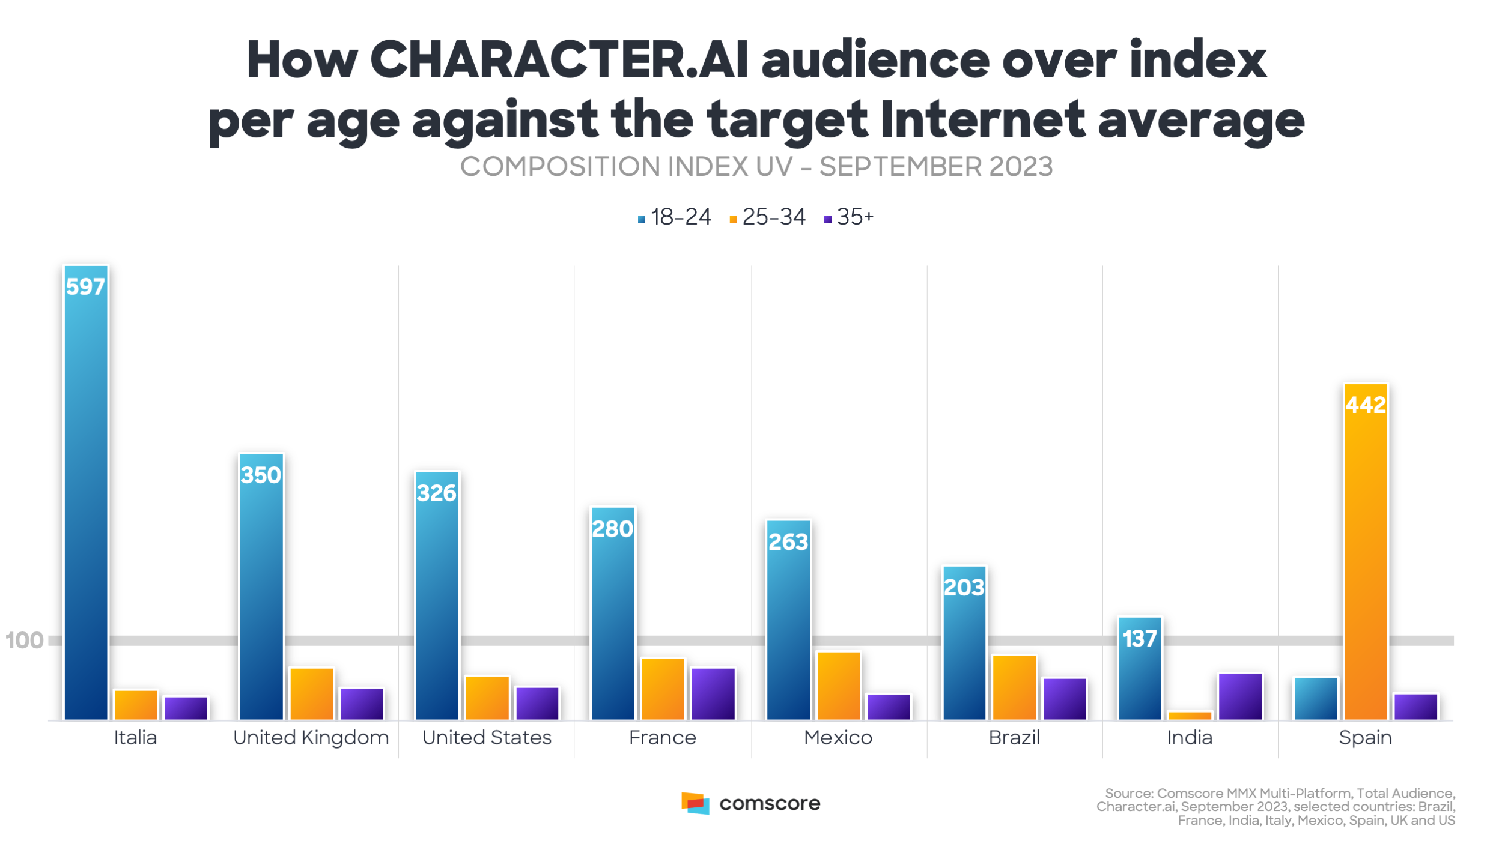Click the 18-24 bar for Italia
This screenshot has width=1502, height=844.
pos(86,492)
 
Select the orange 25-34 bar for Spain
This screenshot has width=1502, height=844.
pos(1366,552)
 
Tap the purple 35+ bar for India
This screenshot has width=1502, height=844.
pos(1240,696)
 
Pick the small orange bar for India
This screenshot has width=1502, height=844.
pos(1190,715)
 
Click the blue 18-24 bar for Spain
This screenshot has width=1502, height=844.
pos(1316,698)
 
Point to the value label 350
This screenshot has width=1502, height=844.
pos(261,475)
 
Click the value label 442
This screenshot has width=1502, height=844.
pos(1366,405)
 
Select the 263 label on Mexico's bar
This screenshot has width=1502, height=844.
pos(788,542)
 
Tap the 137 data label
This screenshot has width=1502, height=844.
pos(1140,639)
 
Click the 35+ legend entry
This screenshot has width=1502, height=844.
pos(848,217)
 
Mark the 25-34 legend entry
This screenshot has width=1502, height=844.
pos(767,217)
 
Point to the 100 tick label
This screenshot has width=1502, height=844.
pos(24,641)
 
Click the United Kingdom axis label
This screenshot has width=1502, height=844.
pos(311,737)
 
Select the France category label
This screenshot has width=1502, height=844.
pos(662,737)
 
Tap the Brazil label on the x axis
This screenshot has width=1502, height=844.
pos(1014,737)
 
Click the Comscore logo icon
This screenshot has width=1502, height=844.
pos(695,803)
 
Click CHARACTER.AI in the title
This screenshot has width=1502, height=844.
pos(559,60)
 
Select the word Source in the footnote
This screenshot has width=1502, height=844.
pos(1128,793)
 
